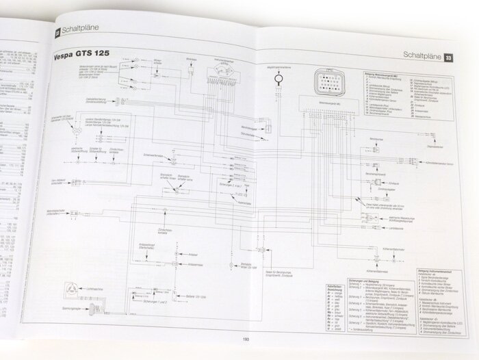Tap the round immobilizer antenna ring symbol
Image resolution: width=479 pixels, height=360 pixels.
(x=279, y=79)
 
